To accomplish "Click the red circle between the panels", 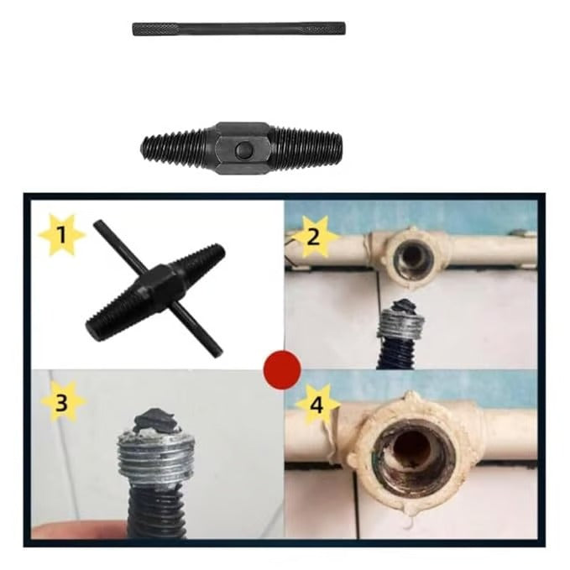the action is pos(282,369).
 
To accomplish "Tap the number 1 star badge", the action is pos(62,235).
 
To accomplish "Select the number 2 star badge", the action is pos(313,236).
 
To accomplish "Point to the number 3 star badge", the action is pos(62,402).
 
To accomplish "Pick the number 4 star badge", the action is pos(317,405).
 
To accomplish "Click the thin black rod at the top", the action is pos(239,29).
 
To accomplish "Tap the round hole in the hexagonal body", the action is pos(242,149).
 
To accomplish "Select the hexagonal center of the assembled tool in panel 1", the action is pos(156,287).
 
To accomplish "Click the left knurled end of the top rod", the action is pos(155,29).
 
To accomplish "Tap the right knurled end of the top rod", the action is pos(323,29).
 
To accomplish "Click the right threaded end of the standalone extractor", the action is pos(306,149).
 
